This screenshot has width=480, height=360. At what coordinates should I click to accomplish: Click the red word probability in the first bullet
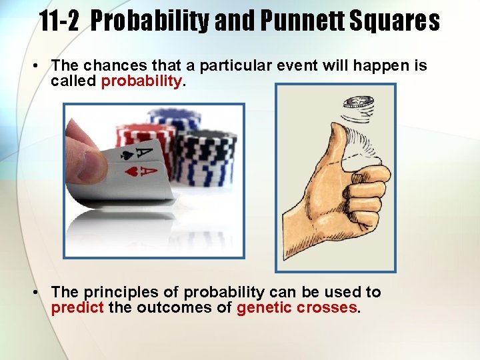coord(141,81)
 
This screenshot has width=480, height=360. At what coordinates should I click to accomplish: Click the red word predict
coord(75,308)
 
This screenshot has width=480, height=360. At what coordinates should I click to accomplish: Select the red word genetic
coord(263,308)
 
